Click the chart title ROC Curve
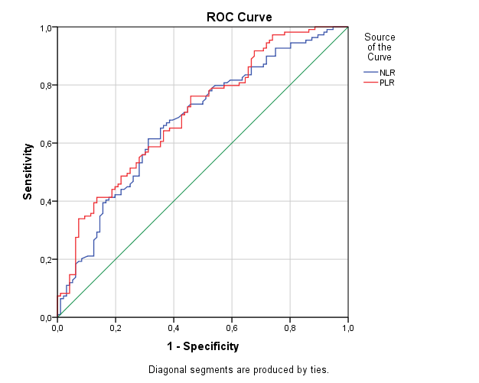click(x=239, y=16)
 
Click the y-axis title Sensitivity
click(x=28, y=173)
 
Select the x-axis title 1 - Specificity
click(x=203, y=346)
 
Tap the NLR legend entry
click(x=387, y=72)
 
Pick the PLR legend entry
click(x=387, y=83)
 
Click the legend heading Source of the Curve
click(x=380, y=47)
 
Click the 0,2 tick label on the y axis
click(x=45, y=259)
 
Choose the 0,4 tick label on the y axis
click(x=45, y=201)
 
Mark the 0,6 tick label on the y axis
click(x=45, y=143)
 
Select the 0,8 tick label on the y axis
click(x=45, y=85)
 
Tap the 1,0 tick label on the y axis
click(x=45, y=28)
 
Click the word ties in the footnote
click(x=318, y=370)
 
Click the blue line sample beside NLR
click(x=370, y=72)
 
